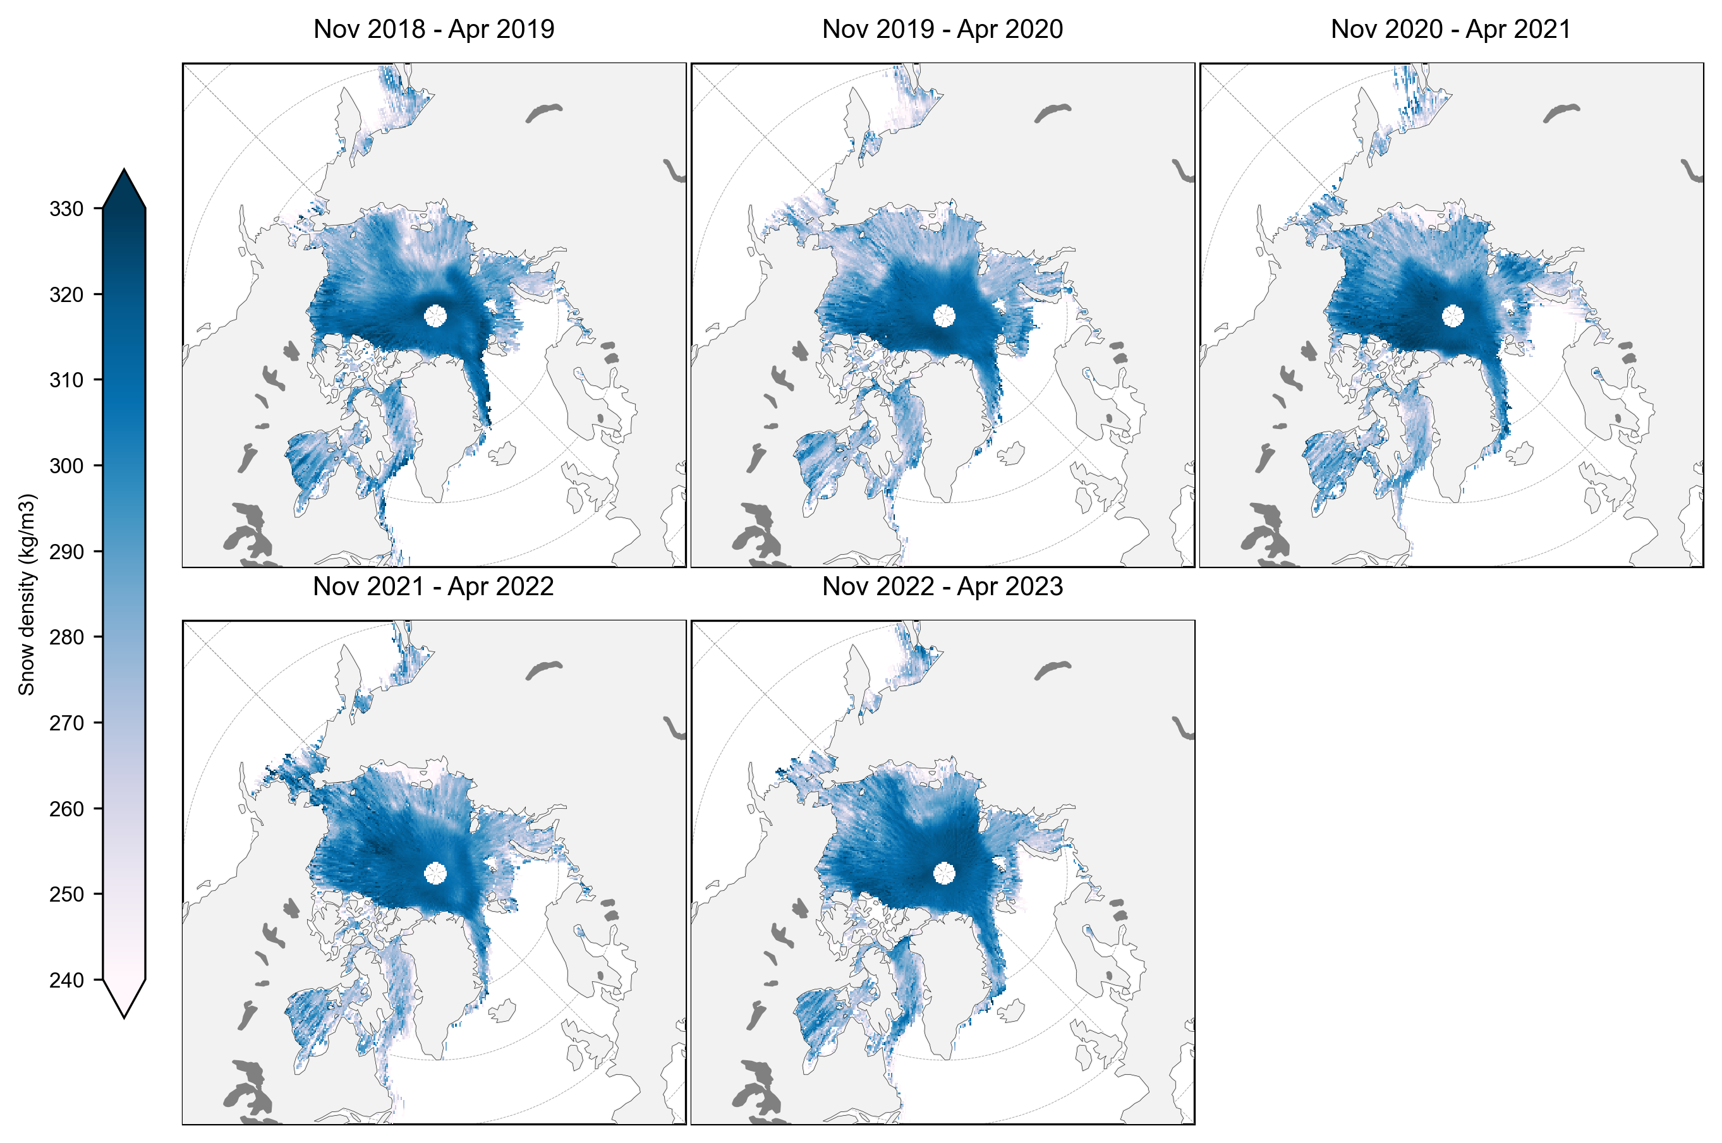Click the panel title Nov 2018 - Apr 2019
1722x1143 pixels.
pyautogui.click(x=434, y=29)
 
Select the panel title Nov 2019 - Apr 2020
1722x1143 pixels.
pyautogui.click(x=942, y=29)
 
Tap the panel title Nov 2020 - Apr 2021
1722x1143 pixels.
pyautogui.click(x=1450, y=29)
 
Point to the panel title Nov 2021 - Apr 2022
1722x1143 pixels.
pyautogui.click(x=433, y=586)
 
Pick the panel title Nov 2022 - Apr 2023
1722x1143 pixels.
pyautogui.click(x=942, y=586)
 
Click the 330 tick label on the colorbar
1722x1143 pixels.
pyautogui.click(x=66, y=209)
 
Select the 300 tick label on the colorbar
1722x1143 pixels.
pyautogui.click(x=66, y=466)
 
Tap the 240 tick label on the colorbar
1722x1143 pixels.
pyautogui.click(x=66, y=981)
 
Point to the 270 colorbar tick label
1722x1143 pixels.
pyautogui.click(x=66, y=723)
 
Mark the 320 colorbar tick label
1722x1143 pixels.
pyautogui.click(x=66, y=294)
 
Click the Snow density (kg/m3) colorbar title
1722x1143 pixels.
pyautogui.click(x=27, y=594)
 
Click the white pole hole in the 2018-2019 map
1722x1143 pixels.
pyautogui.click(x=435, y=316)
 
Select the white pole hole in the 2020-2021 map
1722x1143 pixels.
pyautogui.click(x=1452, y=316)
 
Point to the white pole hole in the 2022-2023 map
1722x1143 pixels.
pyautogui.click(x=944, y=873)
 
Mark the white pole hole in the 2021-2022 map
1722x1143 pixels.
pyautogui.click(x=435, y=873)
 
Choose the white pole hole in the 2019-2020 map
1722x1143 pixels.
pyautogui.click(x=944, y=316)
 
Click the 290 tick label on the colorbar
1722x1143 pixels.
pyautogui.click(x=66, y=552)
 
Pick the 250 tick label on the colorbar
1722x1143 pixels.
pyautogui.click(x=66, y=895)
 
